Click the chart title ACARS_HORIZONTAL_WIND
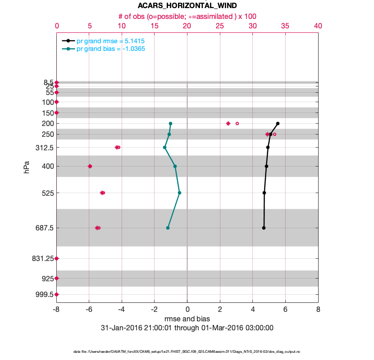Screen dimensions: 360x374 [187, 5]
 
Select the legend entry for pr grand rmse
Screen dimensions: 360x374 [110, 41]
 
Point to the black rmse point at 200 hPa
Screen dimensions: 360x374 [278, 123]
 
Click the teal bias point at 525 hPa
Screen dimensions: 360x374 [179, 193]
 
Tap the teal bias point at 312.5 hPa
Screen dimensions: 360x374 [164, 147]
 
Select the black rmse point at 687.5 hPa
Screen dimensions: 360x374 [264, 228]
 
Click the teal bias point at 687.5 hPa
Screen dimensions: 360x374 [168, 228]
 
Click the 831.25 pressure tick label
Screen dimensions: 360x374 [42, 258]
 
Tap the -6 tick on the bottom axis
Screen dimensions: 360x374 [89, 310]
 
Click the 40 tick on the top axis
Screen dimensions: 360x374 [318, 27]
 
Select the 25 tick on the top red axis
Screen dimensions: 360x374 [220, 27]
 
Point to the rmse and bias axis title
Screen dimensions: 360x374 [187, 319]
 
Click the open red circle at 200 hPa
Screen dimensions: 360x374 [237, 123]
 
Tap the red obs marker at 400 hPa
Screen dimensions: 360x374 [90, 166]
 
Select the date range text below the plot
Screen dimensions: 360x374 [187, 328]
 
